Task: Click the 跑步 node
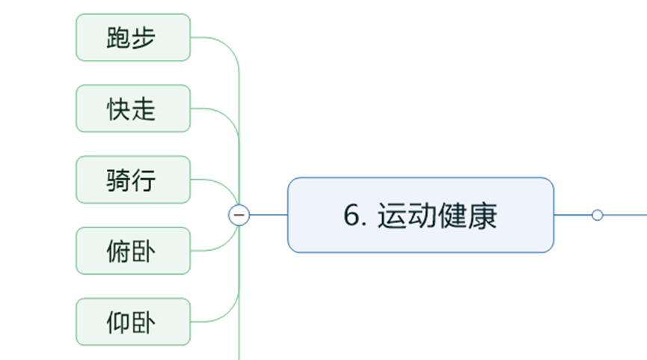133,37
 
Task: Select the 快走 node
133,109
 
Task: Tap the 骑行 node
133,180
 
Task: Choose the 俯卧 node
133,251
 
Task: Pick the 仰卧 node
133,322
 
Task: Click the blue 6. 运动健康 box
420,215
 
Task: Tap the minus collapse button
239,215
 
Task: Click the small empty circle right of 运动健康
597,215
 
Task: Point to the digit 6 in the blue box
352,216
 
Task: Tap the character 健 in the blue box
453,216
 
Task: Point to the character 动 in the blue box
422,216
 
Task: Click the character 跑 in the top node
119,37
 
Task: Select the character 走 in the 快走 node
144,109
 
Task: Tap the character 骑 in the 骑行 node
119,180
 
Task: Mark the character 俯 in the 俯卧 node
119,251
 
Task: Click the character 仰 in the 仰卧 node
119,322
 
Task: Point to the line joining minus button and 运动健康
269,215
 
